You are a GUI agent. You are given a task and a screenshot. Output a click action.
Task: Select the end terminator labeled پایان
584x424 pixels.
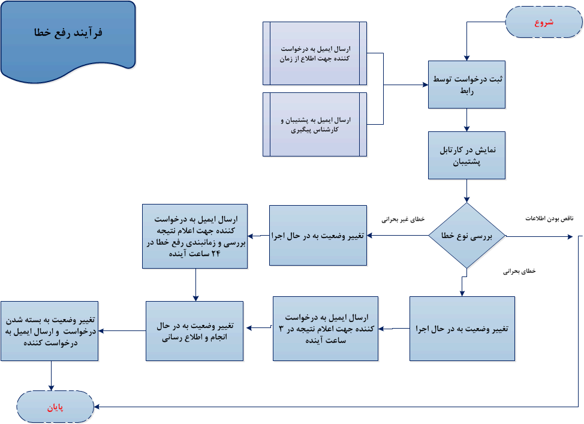coord(55,407)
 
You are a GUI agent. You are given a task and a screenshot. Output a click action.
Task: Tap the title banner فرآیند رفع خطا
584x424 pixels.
coord(68,34)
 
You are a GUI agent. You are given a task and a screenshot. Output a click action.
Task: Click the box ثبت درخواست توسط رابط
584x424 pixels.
coord(466,85)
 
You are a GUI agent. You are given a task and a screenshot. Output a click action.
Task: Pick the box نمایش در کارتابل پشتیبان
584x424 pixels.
coord(466,155)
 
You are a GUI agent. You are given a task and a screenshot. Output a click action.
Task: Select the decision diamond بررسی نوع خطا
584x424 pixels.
coord(466,236)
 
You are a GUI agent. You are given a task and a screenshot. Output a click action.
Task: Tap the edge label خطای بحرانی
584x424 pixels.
coord(519,271)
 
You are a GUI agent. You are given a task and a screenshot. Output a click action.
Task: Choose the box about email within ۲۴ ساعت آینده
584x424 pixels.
coord(195,236)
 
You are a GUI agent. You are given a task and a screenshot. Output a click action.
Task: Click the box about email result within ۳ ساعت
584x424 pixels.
coord(326,328)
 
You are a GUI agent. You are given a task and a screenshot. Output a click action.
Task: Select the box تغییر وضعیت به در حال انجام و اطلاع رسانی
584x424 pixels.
coord(195,330)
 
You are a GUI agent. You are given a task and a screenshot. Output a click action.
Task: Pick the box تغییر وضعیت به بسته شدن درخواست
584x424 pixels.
coord(49,330)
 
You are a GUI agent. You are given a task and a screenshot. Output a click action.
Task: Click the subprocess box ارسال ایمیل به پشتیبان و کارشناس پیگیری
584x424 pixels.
coord(315,124)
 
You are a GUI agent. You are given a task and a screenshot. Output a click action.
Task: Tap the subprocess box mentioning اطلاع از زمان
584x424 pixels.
coord(315,53)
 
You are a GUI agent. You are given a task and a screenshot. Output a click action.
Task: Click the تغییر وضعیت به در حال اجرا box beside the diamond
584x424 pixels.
coord(318,236)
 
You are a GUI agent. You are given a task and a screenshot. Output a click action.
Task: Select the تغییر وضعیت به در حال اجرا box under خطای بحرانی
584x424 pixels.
coord(462,329)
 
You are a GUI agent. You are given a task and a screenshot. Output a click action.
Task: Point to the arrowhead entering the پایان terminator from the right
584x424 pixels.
coord(97,407)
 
